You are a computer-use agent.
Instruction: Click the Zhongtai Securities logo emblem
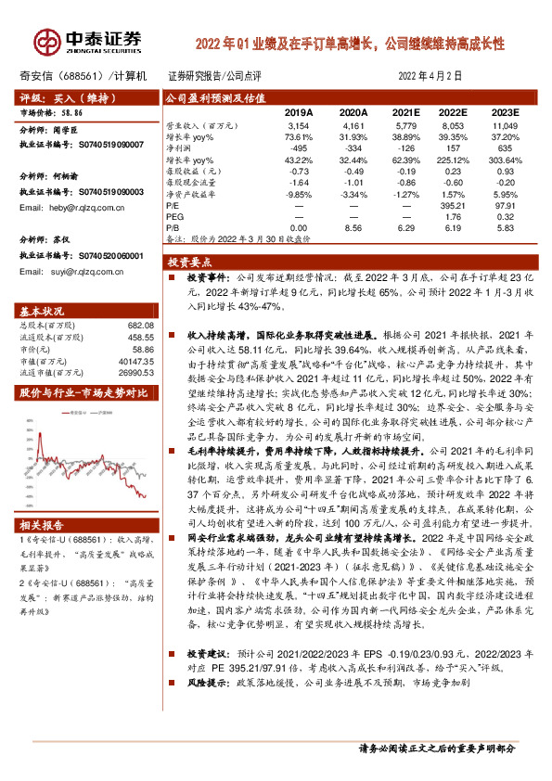[x=45, y=40]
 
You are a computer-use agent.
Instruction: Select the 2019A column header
[x=298, y=111]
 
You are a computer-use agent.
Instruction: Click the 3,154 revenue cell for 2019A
[x=298, y=124]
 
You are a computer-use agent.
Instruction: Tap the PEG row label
[x=174, y=217]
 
